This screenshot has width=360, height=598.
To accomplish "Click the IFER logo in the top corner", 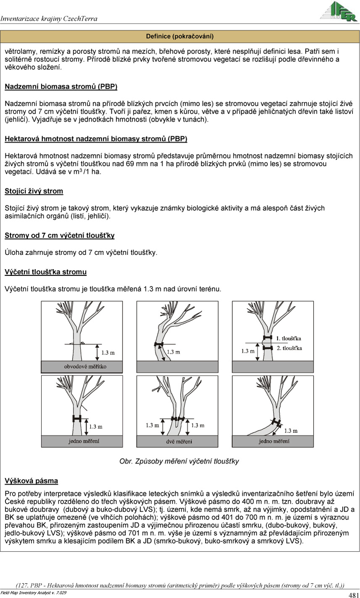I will coord(338,11).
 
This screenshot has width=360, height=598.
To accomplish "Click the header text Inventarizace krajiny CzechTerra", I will coord(49,18).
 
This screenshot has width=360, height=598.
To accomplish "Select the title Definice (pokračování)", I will coord(180,36).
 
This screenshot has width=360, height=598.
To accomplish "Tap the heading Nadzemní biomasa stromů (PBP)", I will coord(61,87).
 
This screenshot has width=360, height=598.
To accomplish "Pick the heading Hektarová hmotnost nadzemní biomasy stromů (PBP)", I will coord(96,139).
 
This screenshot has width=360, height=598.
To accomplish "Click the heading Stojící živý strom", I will coord(34,191).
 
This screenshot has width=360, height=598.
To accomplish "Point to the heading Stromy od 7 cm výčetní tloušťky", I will coord(60,235).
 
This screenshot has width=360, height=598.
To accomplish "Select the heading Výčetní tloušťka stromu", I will coord(46,272).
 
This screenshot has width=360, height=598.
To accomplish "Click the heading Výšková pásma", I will coord(32,480).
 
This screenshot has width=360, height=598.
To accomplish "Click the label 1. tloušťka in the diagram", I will coord(289,338).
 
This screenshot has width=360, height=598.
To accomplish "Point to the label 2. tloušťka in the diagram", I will coord(289,348).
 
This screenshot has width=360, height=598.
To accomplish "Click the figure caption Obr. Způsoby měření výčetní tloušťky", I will coord(179,461).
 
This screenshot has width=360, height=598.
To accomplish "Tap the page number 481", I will coord(353,595).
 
